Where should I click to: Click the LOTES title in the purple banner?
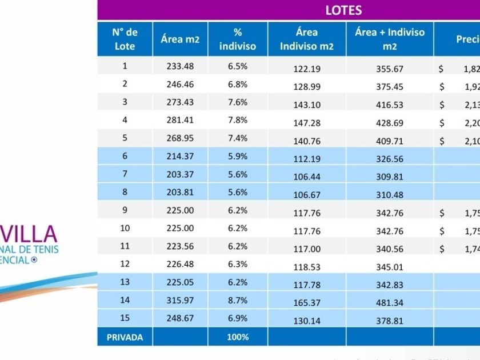[x=343, y=10]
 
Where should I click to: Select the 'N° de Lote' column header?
[x=125, y=39]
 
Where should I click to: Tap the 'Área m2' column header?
[x=180, y=39]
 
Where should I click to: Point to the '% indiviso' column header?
[x=238, y=39]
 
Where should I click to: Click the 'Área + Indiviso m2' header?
[x=390, y=39]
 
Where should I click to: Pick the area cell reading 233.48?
[x=180, y=66]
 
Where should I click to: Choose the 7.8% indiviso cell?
[x=238, y=120]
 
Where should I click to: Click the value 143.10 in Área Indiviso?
[x=307, y=105]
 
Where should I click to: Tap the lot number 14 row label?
[x=125, y=300]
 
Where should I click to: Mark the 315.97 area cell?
[x=180, y=300]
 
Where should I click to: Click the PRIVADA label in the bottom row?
[x=125, y=337]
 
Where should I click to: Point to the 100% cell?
[x=238, y=337]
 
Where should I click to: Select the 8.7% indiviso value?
[x=238, y=300]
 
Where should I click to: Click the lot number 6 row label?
[x=125, y=156]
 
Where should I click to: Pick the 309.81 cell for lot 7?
[x=390, y=177]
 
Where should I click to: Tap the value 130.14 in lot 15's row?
[x=307, y=321]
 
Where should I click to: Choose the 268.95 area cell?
[x=180, y=138]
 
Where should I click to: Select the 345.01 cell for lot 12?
[x=390, y=267]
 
